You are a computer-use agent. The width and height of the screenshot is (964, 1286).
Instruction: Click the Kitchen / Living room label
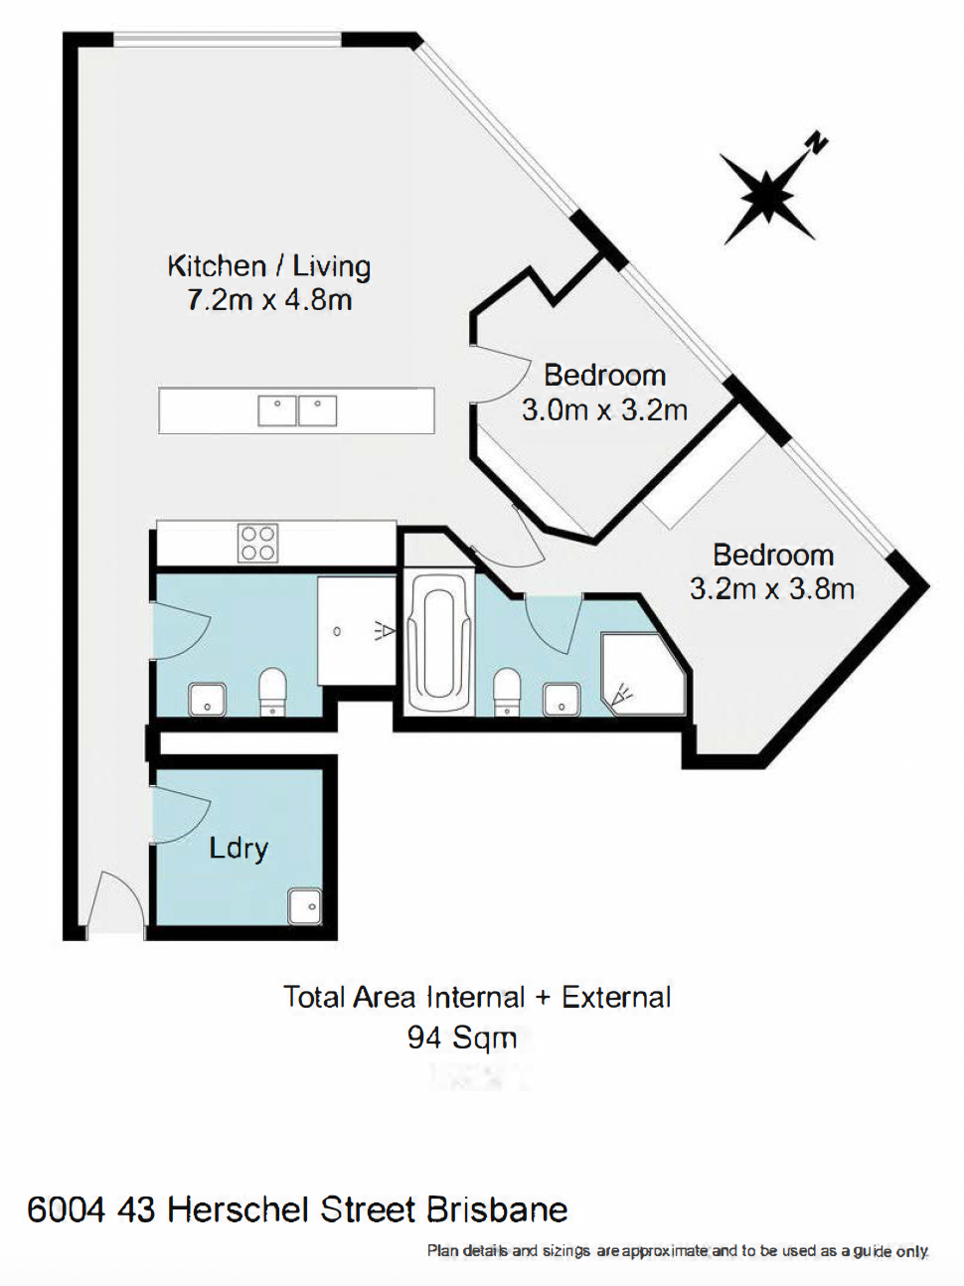268,267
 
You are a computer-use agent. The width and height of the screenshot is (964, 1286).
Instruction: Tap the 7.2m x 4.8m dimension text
269,300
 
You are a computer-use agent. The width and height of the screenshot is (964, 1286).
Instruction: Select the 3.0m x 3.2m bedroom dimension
604,410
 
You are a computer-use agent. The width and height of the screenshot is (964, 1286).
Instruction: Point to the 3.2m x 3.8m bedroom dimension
772,588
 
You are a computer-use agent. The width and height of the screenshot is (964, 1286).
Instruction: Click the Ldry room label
239,849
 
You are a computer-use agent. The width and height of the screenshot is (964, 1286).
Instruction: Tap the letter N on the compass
818,143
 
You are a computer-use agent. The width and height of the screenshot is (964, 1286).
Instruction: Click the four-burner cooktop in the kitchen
257,543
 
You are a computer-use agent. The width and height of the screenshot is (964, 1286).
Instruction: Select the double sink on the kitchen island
297,410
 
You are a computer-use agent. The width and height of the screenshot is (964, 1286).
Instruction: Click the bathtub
439,642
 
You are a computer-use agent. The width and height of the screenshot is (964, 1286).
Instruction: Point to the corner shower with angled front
642,674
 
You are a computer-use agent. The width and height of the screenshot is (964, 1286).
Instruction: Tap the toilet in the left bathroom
272,693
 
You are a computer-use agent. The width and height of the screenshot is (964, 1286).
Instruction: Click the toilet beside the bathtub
506,693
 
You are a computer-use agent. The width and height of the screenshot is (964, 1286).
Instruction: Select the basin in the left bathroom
207,700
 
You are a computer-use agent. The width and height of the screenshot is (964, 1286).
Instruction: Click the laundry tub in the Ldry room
304,906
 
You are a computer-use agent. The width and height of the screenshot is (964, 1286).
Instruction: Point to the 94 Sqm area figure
462,1039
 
